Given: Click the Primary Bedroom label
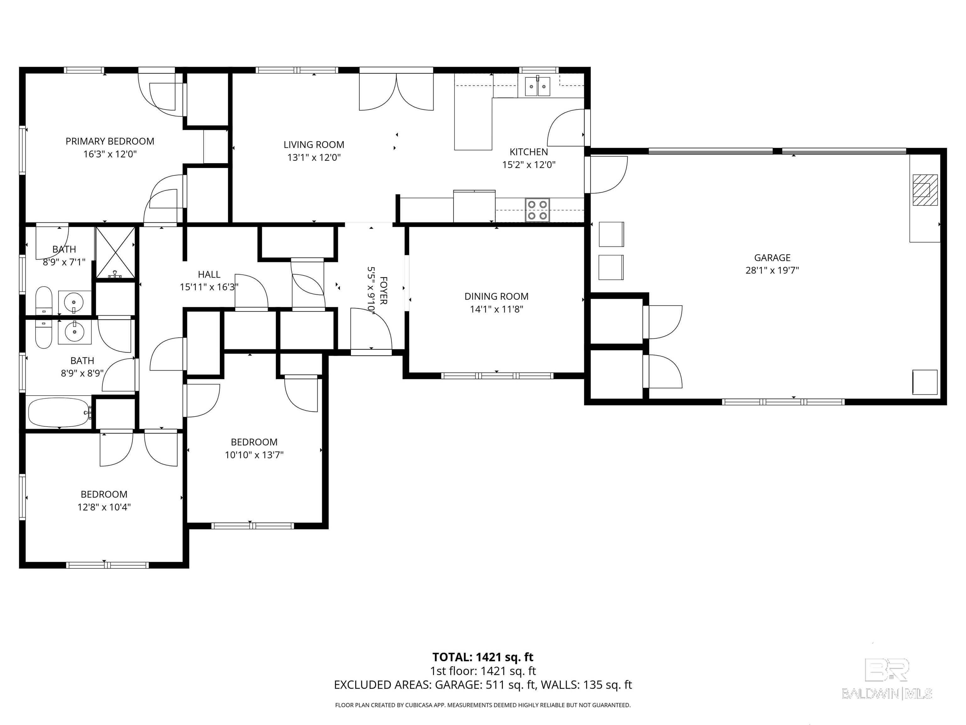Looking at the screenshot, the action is (110, 141).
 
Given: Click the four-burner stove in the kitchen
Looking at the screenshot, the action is (538, 210).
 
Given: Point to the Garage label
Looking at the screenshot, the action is (772, 258).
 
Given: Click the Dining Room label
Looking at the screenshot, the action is (497, 296).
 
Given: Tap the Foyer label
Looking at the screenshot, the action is (383, 290).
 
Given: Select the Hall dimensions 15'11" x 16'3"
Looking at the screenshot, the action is (209, 287).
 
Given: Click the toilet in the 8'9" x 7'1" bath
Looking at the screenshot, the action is (43, 300).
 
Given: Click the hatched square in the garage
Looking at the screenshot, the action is (925, 190).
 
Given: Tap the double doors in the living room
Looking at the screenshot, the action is (396, 92).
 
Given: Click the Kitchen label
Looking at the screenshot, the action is (529, 152).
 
